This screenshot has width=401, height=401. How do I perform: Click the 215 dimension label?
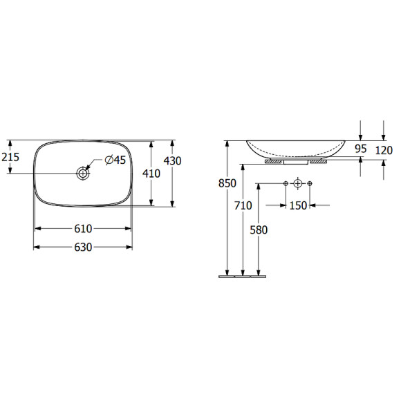pos(10,157)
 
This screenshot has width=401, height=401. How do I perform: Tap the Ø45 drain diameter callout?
pos(115,160)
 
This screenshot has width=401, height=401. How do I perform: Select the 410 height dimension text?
pos(151,174)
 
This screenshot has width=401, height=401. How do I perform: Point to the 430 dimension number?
pos(172,160)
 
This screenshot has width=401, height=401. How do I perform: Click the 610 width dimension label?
pos(83,229)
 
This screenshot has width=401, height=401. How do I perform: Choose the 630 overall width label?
pos(83,247)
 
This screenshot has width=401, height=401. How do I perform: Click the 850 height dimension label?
pos(227,183)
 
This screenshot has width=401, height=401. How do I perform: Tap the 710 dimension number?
pos(243,205)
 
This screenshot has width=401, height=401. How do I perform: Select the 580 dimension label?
pos(259,230)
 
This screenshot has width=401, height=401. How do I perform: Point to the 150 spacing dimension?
pos(298,205)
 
